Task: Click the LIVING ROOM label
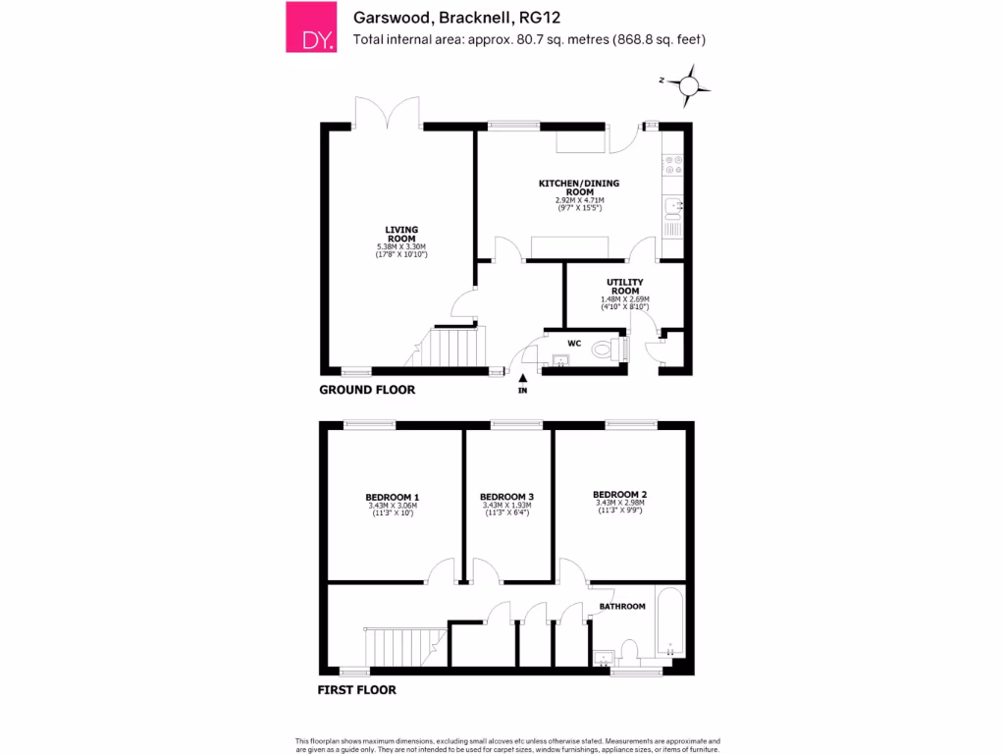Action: point(401,235)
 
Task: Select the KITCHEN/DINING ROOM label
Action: point(579,188)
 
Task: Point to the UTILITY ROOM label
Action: point(625,287)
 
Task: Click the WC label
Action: point(575,344)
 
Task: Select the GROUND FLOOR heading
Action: point(367,390)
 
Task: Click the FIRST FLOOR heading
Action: point(356,690)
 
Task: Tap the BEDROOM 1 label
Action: point(393,497)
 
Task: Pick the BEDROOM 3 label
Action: point(507,497)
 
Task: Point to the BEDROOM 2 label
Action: point(619,495)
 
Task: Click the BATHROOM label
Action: point(622,607)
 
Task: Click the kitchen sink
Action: point(672,206)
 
